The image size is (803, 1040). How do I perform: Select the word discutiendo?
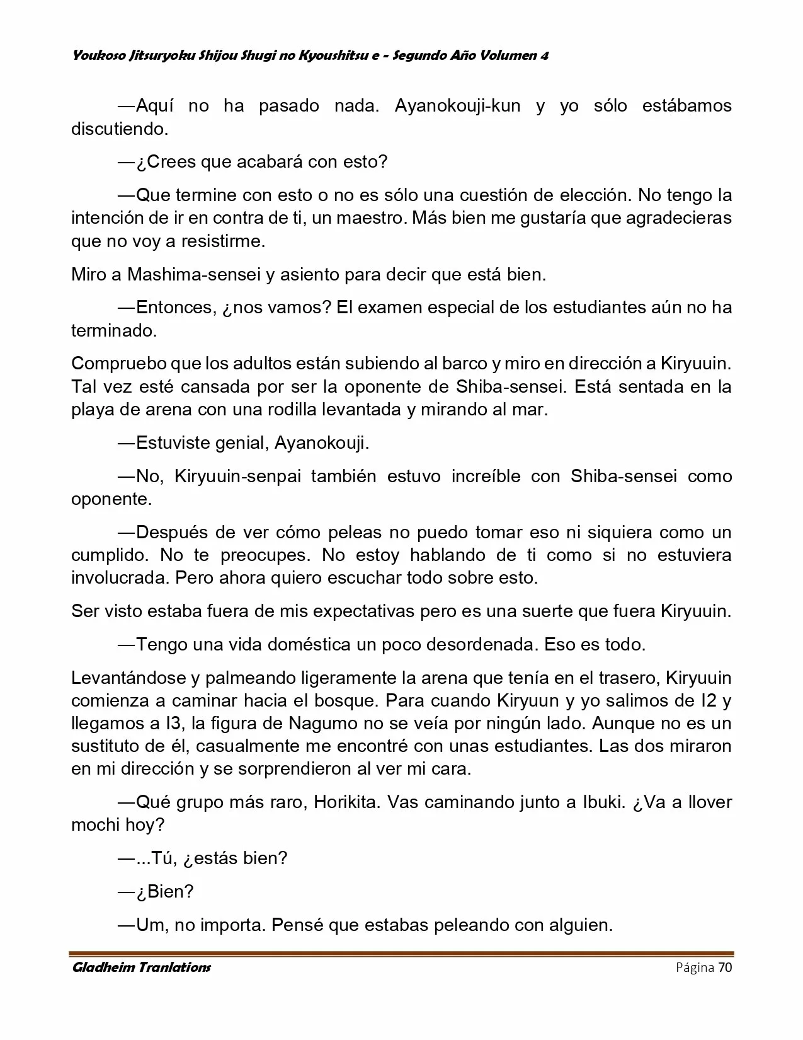click(x=120, y=129)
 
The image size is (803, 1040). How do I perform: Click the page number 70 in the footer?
click(x=725, y=968)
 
